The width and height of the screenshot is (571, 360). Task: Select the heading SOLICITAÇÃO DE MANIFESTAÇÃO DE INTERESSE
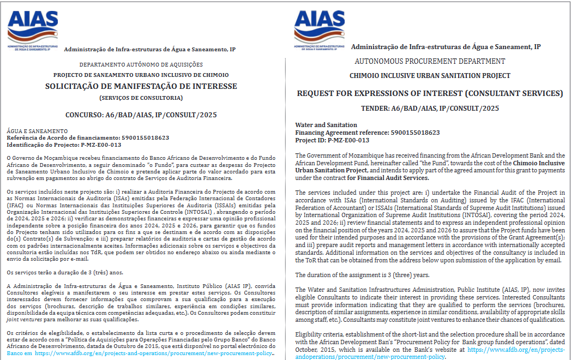141,86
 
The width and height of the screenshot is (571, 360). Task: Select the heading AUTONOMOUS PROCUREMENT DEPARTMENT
430,61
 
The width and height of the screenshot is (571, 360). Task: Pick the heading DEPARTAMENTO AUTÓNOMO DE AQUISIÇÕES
141,64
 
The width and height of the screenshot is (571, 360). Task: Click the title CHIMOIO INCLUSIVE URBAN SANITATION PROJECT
430,76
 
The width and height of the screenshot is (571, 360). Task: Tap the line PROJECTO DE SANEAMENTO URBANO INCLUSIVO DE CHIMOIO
141,75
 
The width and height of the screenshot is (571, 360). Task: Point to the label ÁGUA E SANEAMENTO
37,131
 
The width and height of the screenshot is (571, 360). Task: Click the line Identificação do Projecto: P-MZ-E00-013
63,145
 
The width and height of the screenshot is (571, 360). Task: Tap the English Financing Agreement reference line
367,133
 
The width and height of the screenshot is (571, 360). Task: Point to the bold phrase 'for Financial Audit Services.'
388,178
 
